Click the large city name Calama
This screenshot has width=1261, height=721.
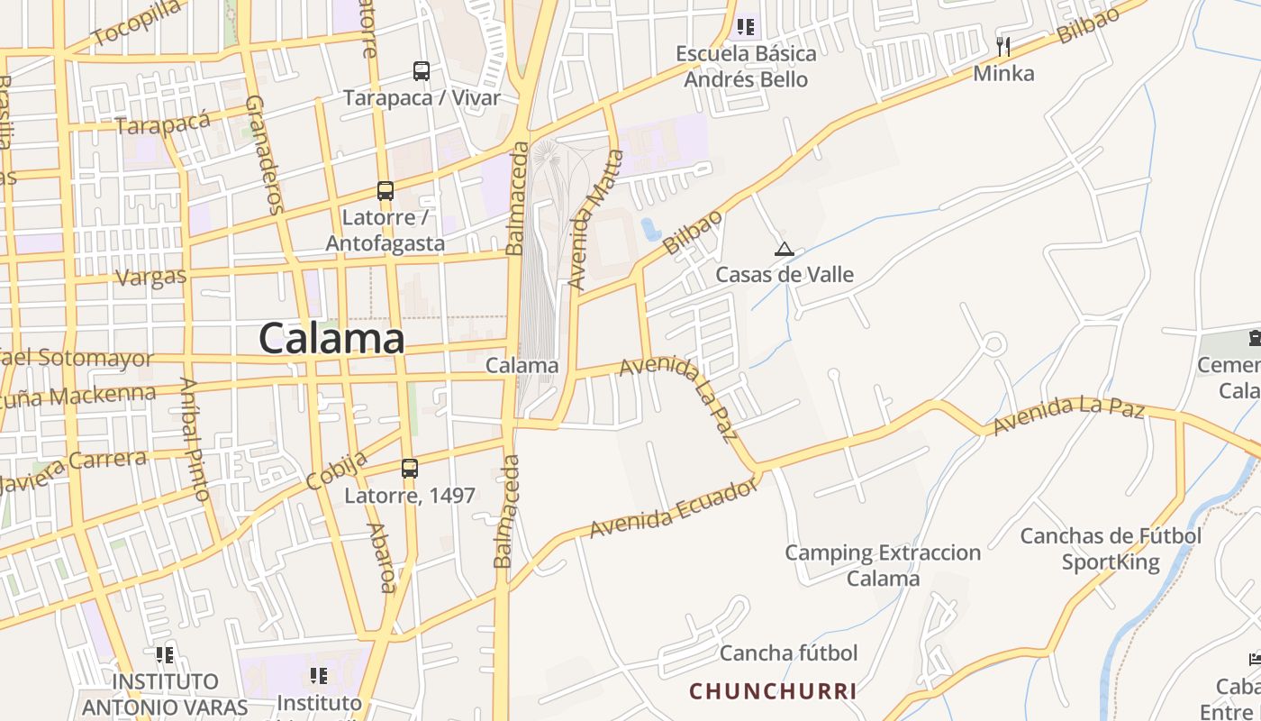point(331,339)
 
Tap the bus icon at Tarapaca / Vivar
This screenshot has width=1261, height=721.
point(421,70)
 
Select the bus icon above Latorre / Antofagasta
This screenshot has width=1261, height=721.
point(386,191)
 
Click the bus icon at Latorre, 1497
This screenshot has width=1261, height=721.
point(410,468)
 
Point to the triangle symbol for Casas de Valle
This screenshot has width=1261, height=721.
point(785,249)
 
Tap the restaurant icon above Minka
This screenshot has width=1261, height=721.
point(1003,46)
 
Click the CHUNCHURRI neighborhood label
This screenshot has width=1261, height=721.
point(773,691)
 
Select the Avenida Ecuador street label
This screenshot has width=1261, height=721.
point(675,509)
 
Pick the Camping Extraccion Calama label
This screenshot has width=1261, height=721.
point(883,565)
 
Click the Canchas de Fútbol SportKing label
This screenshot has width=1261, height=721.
point(1111,549)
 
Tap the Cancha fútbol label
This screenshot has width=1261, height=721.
point(788,653)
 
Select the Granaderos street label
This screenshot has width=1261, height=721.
point(264,153)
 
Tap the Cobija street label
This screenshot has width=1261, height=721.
point(337,470)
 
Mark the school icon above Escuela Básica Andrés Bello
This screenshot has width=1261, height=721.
point(745,27)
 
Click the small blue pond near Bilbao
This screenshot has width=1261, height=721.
point(650,230)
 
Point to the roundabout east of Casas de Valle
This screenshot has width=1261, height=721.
point(993,343)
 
